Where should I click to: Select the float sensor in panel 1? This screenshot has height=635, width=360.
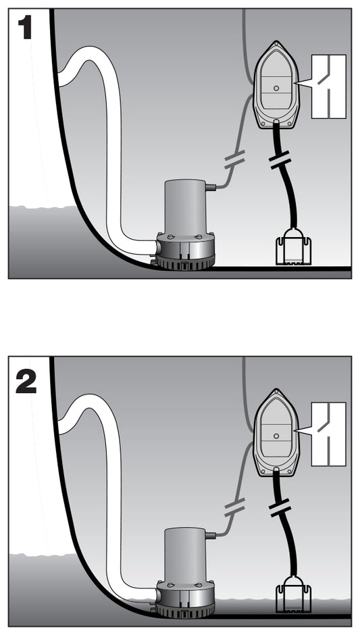292,247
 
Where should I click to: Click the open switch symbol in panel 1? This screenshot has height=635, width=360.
328,86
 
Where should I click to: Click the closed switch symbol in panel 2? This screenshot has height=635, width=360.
328,434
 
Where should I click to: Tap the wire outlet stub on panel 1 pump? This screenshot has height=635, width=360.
210,187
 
